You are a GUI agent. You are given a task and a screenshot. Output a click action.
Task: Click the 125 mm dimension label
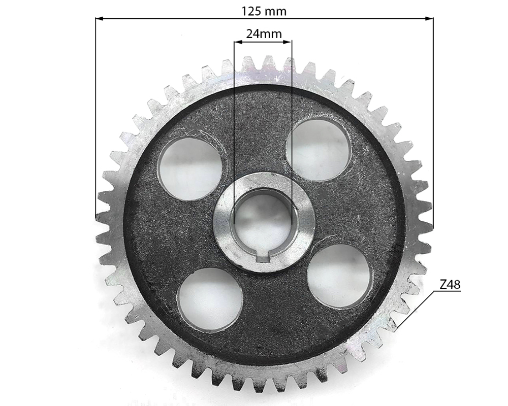coord(264,10)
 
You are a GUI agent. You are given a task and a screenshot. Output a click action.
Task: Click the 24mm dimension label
coord(263,34)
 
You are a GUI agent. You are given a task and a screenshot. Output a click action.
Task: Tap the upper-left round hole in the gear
coord(189,168)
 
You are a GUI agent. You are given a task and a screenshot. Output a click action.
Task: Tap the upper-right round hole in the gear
coord(318,148)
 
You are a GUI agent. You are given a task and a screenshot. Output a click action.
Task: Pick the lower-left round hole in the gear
coord(210,299)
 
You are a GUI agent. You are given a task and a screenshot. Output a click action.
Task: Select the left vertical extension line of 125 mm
coord(96,117)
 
